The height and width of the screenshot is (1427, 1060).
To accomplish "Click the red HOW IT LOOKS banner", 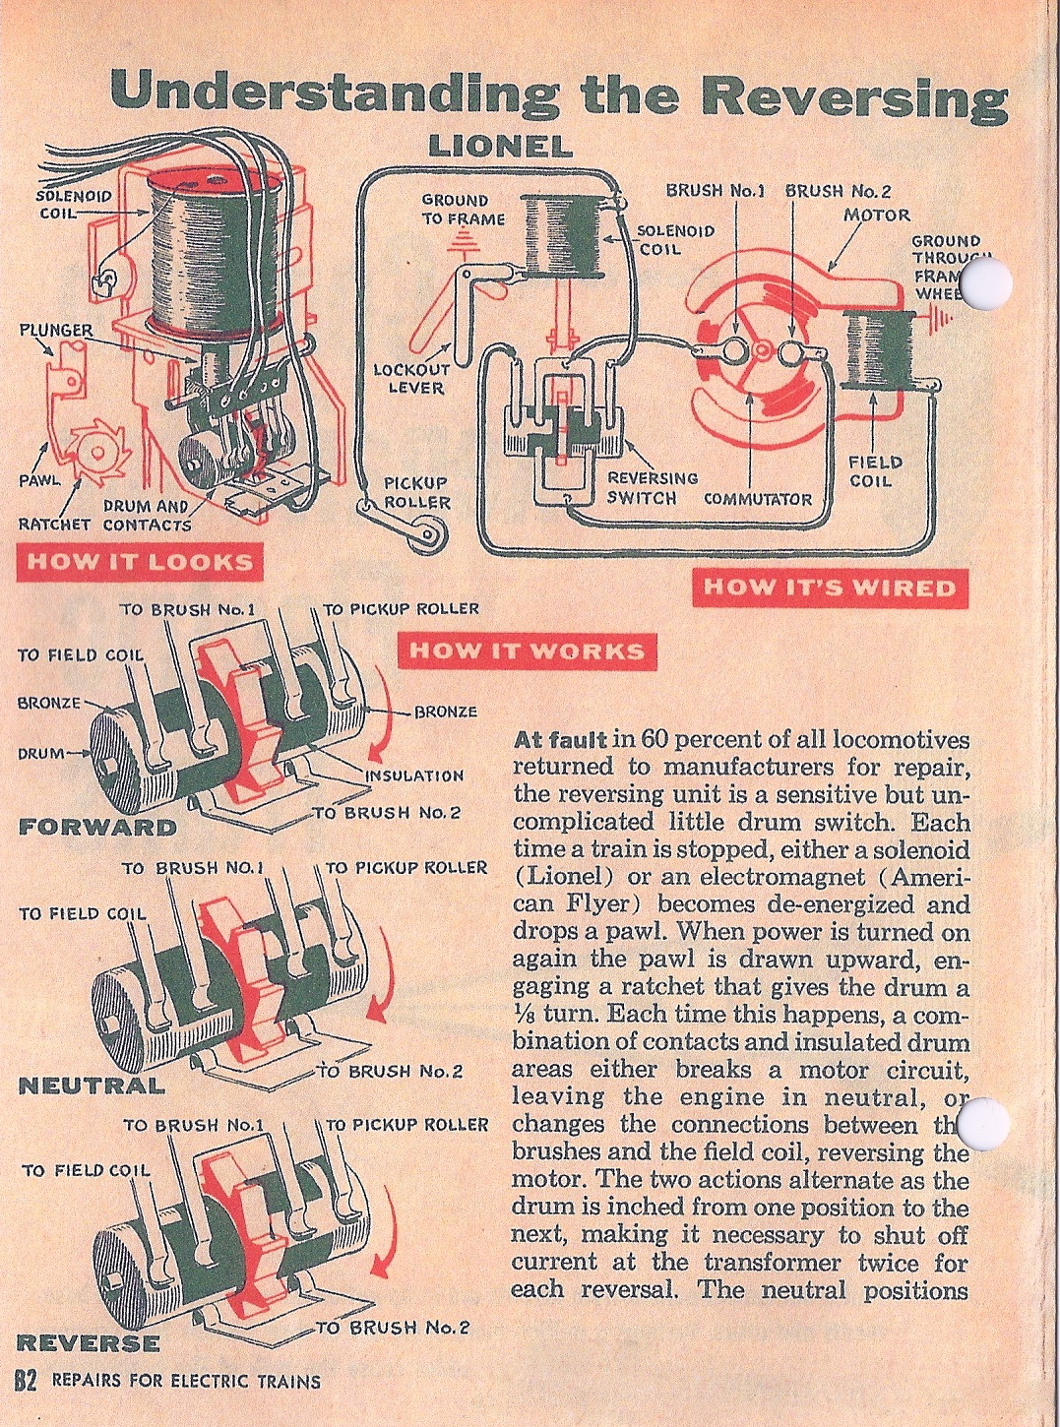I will point(138,562).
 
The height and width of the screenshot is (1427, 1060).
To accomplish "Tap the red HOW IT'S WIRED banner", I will point(830,588).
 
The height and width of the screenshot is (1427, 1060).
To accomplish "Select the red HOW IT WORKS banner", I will point(527,651).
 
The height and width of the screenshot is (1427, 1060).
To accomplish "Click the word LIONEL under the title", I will point(500,147).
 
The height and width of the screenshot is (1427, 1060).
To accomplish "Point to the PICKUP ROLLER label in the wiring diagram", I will point(416,492).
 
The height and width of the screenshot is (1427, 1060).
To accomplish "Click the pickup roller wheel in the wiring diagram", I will point(427,535).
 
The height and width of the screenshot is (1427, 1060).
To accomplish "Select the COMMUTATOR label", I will point(757,499).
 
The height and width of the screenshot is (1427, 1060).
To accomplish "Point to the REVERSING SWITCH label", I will point(652,487).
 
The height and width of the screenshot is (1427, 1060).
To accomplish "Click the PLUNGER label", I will point(56,329).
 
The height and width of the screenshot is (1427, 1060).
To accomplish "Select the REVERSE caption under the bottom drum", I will point(89,1342).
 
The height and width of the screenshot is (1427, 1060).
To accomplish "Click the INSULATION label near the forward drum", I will point(413,776).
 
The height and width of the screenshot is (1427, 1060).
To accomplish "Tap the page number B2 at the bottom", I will point(25,1381).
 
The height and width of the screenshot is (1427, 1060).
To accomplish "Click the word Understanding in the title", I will point(335,93).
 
